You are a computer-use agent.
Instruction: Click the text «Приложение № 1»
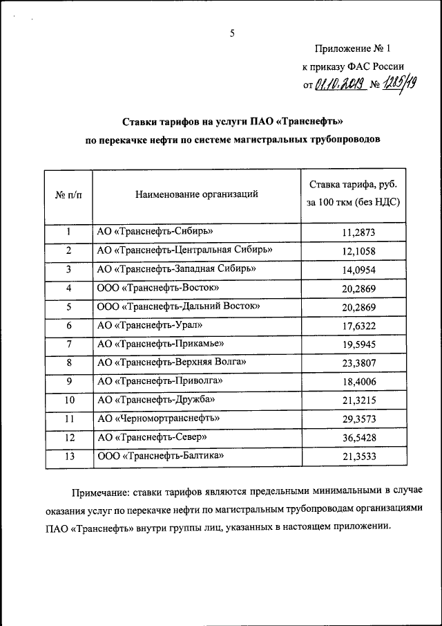coord(352,49)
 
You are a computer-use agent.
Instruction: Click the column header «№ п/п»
coord(68,195)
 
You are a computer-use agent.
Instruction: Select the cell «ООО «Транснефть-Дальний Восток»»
coord(178,306)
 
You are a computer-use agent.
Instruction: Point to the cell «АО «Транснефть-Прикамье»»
coord(160,343)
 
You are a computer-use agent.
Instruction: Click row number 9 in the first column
coord(68,381)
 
